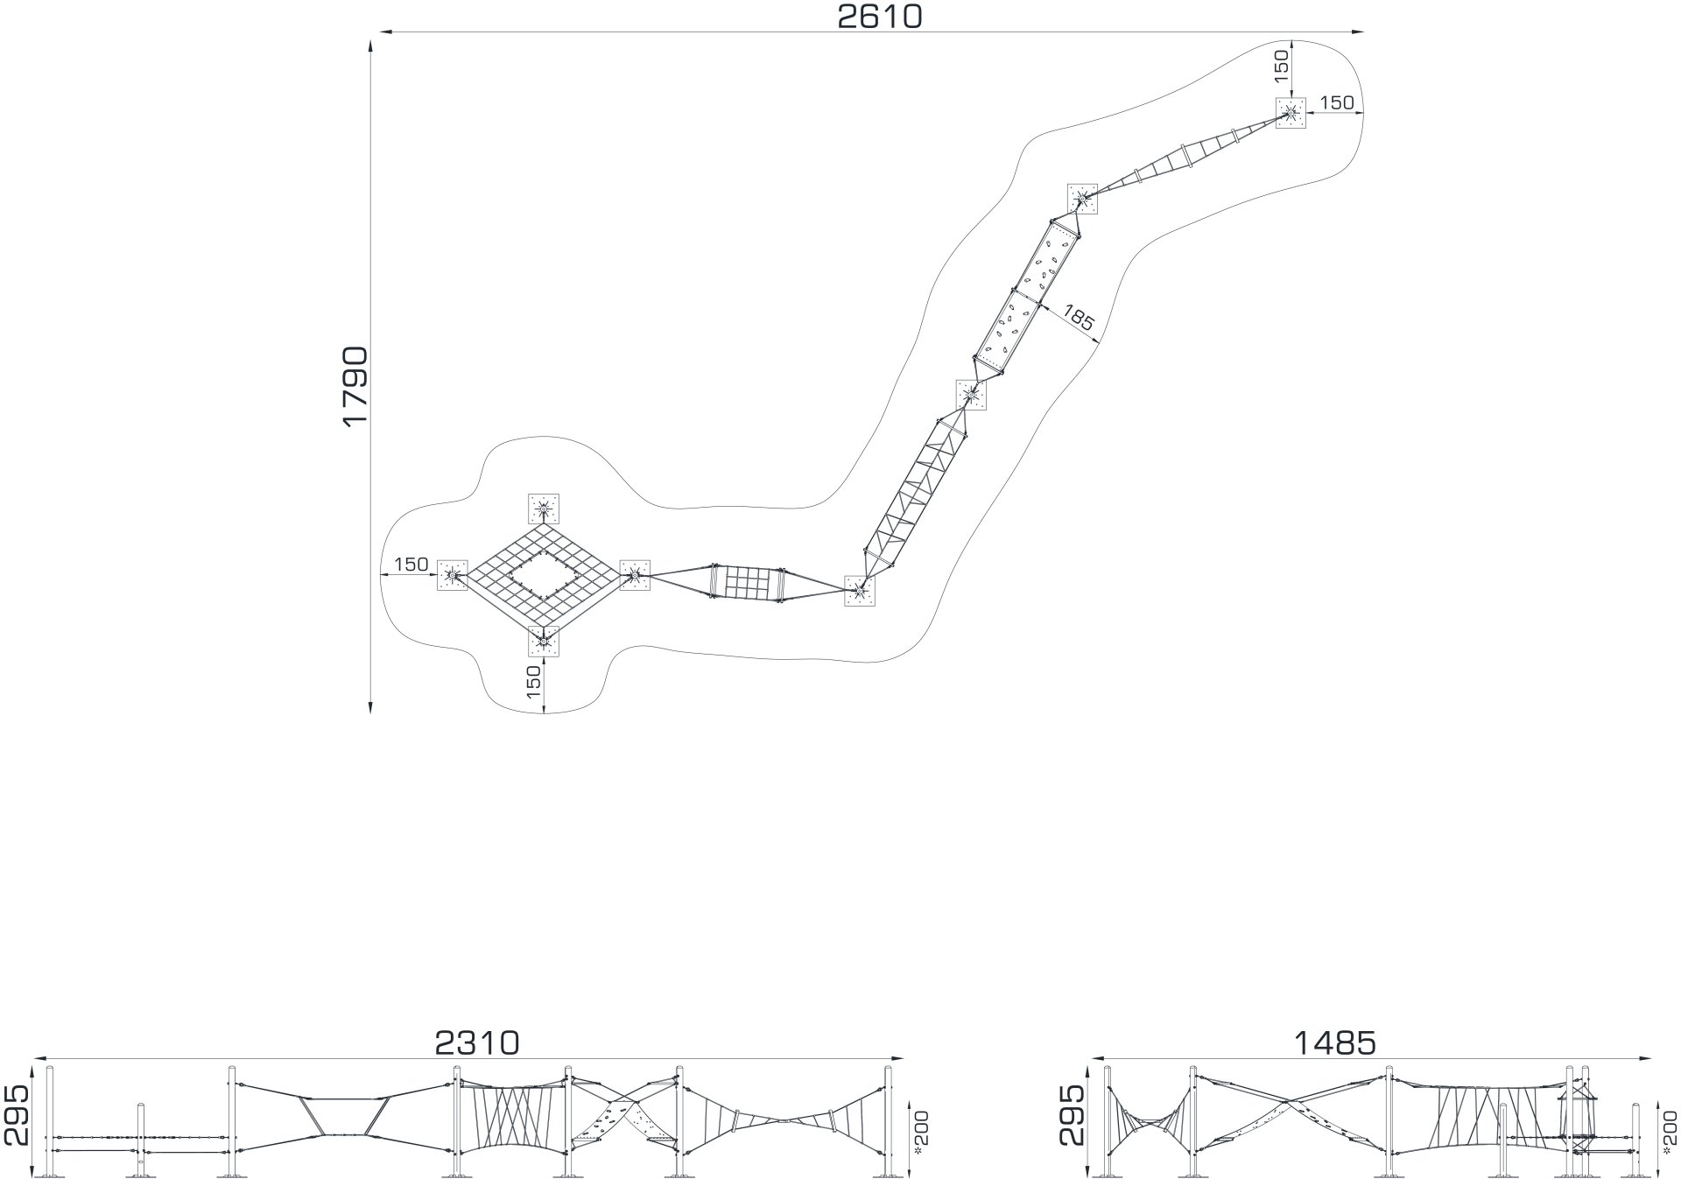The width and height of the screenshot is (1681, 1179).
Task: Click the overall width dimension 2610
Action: pos(880,16)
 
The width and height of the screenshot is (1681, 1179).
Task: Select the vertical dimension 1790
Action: pos(356,386)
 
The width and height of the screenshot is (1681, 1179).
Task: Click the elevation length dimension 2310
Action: pos(477,1042)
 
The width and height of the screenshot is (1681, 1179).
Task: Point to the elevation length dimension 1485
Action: pos(1334,1042)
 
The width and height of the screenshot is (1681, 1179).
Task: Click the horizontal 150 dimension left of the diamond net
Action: pos(411,565)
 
